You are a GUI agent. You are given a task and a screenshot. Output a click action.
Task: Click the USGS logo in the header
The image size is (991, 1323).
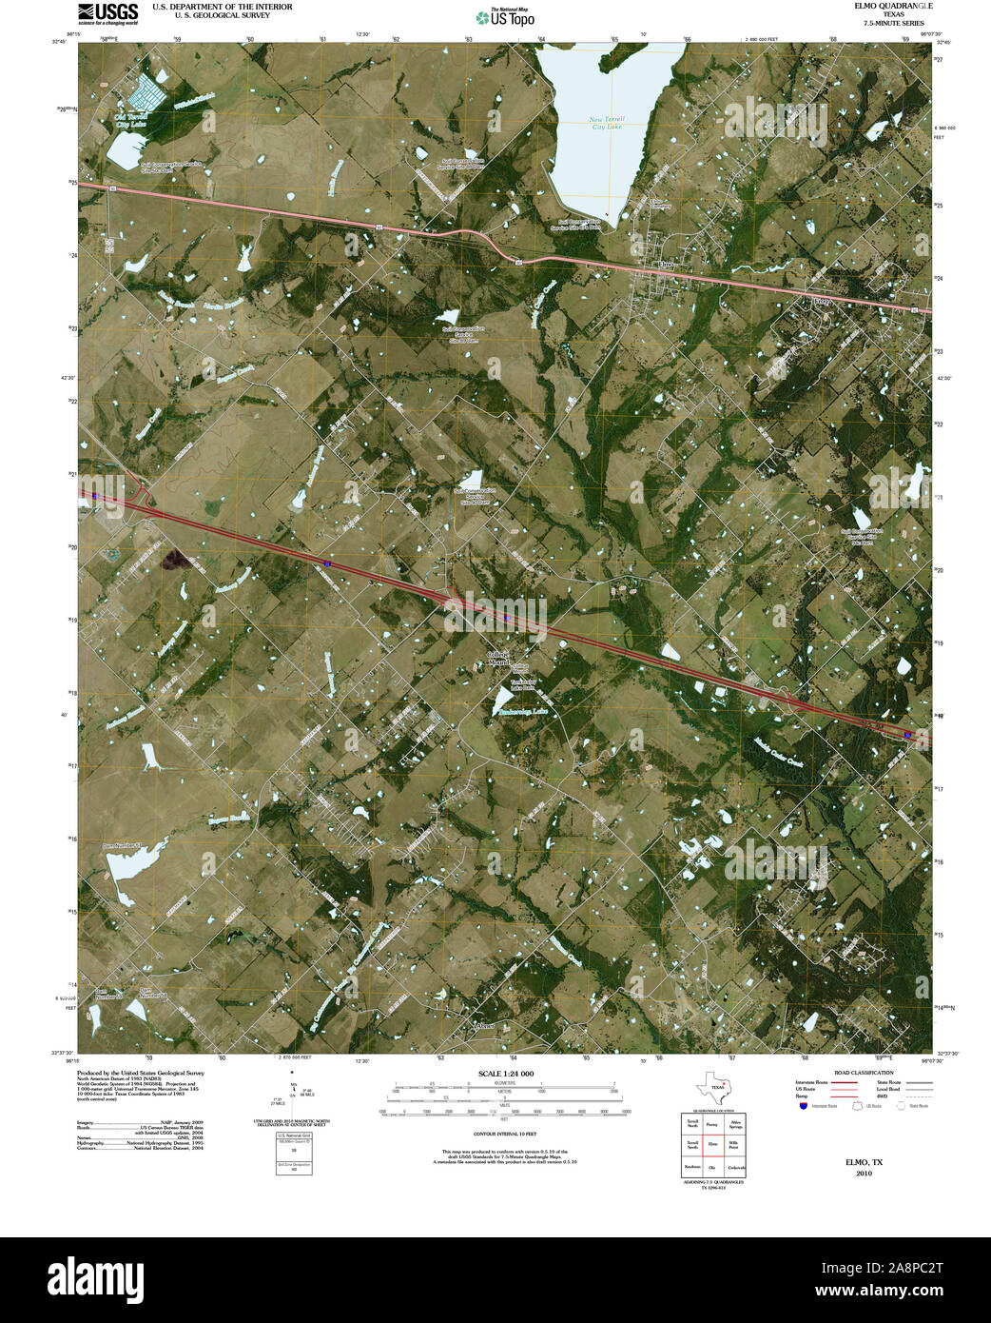(107, 12)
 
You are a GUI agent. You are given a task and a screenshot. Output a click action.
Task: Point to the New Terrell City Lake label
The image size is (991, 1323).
(607, 123)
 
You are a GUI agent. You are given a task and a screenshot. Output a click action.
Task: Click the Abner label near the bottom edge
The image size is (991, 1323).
(484, 1026)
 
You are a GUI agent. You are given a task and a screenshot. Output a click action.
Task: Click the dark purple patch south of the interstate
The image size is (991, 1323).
(174, 560)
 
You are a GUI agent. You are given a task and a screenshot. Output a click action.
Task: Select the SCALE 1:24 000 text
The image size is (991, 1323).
(505, 1074)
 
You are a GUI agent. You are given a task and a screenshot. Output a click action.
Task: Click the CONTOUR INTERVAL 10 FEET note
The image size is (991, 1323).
(504, 1134)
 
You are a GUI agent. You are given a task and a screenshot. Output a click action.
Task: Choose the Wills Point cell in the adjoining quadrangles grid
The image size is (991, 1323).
(732, 1145)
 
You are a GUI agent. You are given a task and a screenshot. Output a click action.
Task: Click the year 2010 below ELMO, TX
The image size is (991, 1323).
(864, 1174)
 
